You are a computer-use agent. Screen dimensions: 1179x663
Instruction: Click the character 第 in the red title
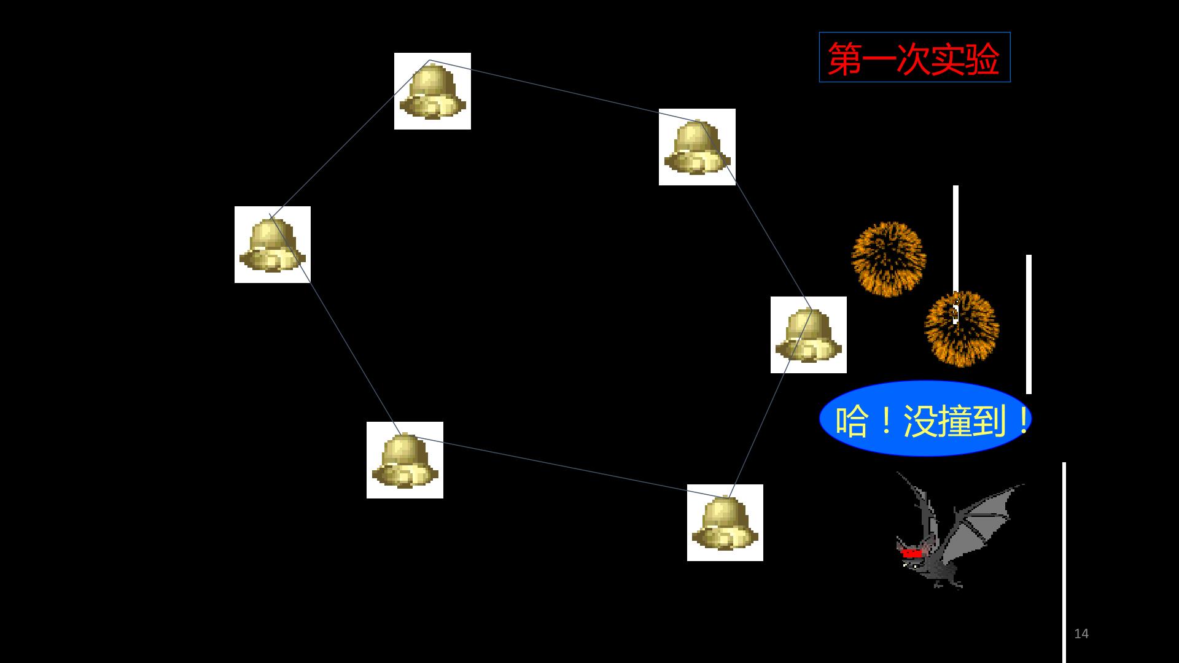(x=844, y=59)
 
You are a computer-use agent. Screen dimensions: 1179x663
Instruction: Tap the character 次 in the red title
(x=913, y=59)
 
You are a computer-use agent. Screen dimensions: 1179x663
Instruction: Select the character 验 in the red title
(x=982, y=59)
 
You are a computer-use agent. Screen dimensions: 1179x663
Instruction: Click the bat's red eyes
(x=912, y=553)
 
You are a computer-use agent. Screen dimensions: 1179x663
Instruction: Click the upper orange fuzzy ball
(x=889, y=258)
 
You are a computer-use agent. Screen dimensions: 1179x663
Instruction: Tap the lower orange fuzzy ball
(x=962, y=328)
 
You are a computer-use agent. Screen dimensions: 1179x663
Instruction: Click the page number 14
(x=1081, y=634)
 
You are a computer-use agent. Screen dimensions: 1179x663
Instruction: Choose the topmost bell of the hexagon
(x=432, y=91)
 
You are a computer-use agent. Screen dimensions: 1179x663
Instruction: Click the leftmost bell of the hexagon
(x=273, y=244)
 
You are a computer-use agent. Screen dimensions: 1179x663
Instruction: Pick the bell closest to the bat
(x=725, y=522)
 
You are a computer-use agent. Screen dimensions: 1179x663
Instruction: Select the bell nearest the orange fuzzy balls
(x=809, y=335)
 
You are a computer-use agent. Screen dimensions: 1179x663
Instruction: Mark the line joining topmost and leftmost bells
(x=350, y=138)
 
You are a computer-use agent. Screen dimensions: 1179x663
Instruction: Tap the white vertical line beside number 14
(x=1064, y=562)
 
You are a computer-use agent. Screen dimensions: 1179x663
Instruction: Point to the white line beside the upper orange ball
(x=955, y=239)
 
